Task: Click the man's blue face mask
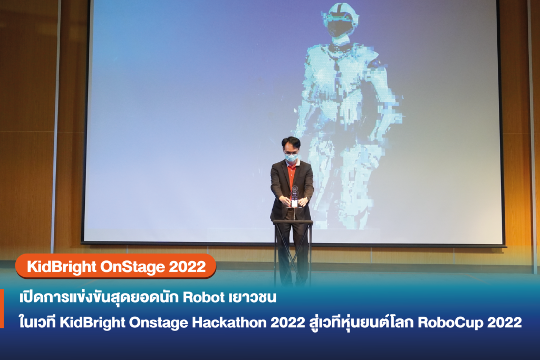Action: (x=291, y=157)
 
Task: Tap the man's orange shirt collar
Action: (x=291, y=167)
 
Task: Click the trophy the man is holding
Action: (x=294, y=196)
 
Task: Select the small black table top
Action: (x=293, y=222)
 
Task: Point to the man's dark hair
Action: (x=291, y=142)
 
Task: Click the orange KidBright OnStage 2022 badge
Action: (x=116, y=267)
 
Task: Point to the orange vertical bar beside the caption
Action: (x=2, y=308)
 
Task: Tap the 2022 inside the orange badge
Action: (x=188, y=267)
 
